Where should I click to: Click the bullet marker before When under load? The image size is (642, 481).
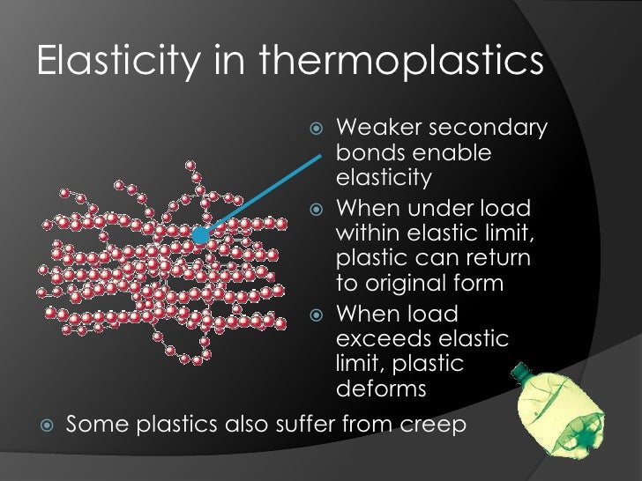pos(318,211)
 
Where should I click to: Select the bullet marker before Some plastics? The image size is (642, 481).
pos(47,424)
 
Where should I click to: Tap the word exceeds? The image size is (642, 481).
pos(385,339)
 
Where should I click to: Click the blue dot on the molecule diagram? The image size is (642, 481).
pos(201,235)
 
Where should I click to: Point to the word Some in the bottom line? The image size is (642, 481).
pos(99,424)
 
